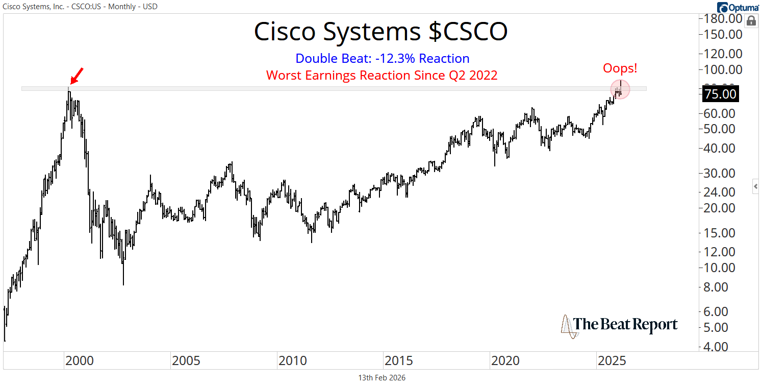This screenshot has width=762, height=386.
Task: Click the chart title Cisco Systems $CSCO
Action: coord(380,32)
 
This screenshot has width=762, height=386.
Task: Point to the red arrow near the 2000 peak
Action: coord(77,75)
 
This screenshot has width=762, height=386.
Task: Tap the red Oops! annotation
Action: coord(620,68)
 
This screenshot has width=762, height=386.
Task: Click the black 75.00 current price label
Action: coord(720,94)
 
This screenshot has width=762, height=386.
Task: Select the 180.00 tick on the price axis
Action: coord(720,19)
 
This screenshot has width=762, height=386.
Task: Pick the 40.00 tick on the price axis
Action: coord(720,148)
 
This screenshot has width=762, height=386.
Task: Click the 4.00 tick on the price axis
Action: coord(720,347)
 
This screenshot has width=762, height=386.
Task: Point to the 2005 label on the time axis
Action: coord(186,361)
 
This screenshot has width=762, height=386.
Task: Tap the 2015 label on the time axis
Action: coord(399,361)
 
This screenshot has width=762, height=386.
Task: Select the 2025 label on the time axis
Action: coord(612,361)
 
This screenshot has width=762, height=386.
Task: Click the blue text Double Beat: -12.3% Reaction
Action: coord(382,58)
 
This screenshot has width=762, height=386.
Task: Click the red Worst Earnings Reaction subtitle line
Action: coord(382,75)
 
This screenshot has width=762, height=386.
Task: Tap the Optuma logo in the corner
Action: coord(738,7)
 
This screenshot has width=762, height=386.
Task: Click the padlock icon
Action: coord(751,21)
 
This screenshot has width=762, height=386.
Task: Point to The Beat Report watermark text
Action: coord(626,325)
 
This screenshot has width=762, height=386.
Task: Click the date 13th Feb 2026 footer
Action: coord(382,378)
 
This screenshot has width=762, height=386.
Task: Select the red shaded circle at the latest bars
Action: coord(620,89)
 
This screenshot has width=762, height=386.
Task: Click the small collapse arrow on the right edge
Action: coord(755,187)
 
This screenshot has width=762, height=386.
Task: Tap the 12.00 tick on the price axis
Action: coord(720,251)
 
